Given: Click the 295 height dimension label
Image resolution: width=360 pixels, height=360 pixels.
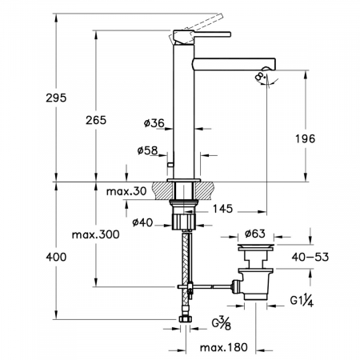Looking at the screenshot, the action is point(56,98).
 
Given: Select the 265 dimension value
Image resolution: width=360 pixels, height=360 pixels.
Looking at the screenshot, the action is point(96,120).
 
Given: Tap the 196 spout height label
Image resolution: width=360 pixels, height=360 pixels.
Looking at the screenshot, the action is point(306,138).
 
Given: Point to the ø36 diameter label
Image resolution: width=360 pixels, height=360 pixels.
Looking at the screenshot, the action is point(154,123).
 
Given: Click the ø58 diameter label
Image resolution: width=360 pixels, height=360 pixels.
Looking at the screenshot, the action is point(148,150).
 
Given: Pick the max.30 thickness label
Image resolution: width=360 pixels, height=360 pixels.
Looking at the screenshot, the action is point(126,191).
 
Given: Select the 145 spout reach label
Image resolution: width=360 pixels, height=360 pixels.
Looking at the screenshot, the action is point(223,209).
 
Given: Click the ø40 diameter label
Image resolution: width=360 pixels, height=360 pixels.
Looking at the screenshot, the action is point(142,222).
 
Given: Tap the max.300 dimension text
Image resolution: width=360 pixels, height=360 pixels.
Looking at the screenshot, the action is point(96,234).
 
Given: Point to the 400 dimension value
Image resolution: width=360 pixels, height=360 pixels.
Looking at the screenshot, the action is point(56,257).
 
